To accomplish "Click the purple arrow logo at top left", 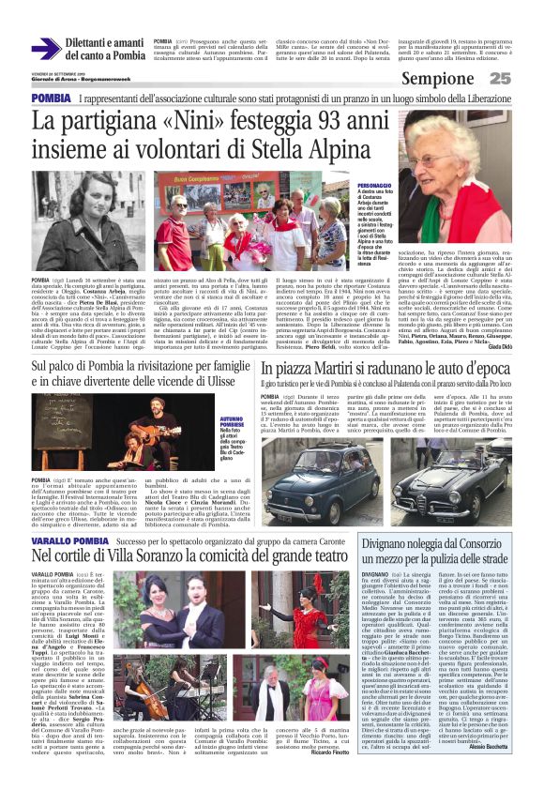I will click(46, 48).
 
